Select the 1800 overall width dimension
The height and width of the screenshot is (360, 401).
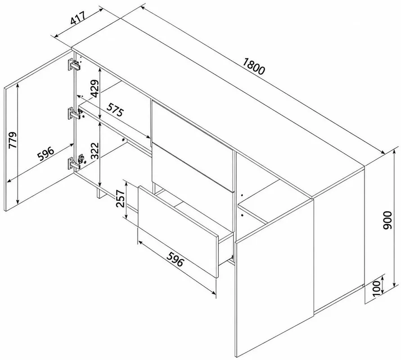click(x=253, y=67)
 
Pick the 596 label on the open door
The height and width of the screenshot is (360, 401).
click(x=46, y=153)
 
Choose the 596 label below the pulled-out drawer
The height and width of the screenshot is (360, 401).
click(x=175, y=259)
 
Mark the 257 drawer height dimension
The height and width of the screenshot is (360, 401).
click(x=120, y=198)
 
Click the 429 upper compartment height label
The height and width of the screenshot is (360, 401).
click(x=95, y=89)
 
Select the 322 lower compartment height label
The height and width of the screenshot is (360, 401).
click(x=95, y=151)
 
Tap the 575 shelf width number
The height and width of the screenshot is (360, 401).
click(x=115, y=110)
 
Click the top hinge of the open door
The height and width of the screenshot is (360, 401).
click(x=74, y=64)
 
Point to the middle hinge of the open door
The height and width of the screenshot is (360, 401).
click(x=74, y=114)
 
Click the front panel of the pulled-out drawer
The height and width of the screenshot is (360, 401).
click(x=178, y=231)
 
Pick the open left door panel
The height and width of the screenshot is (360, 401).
click(x=38, y=130)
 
